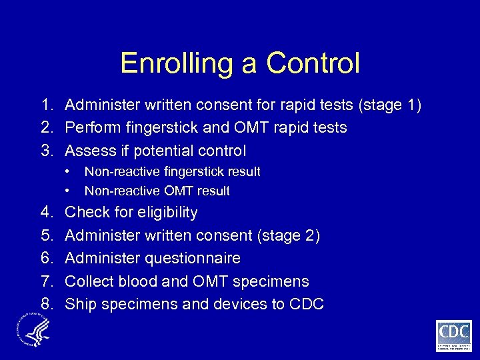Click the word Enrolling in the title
(x=170, y=63)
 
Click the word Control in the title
(x=313, y=63)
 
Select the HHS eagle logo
(x=33, y=331)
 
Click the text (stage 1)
(x=390, y=105)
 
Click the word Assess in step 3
(x=90, y=150)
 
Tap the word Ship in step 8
(x=80, y=304)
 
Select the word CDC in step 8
(x=307, y=304)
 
